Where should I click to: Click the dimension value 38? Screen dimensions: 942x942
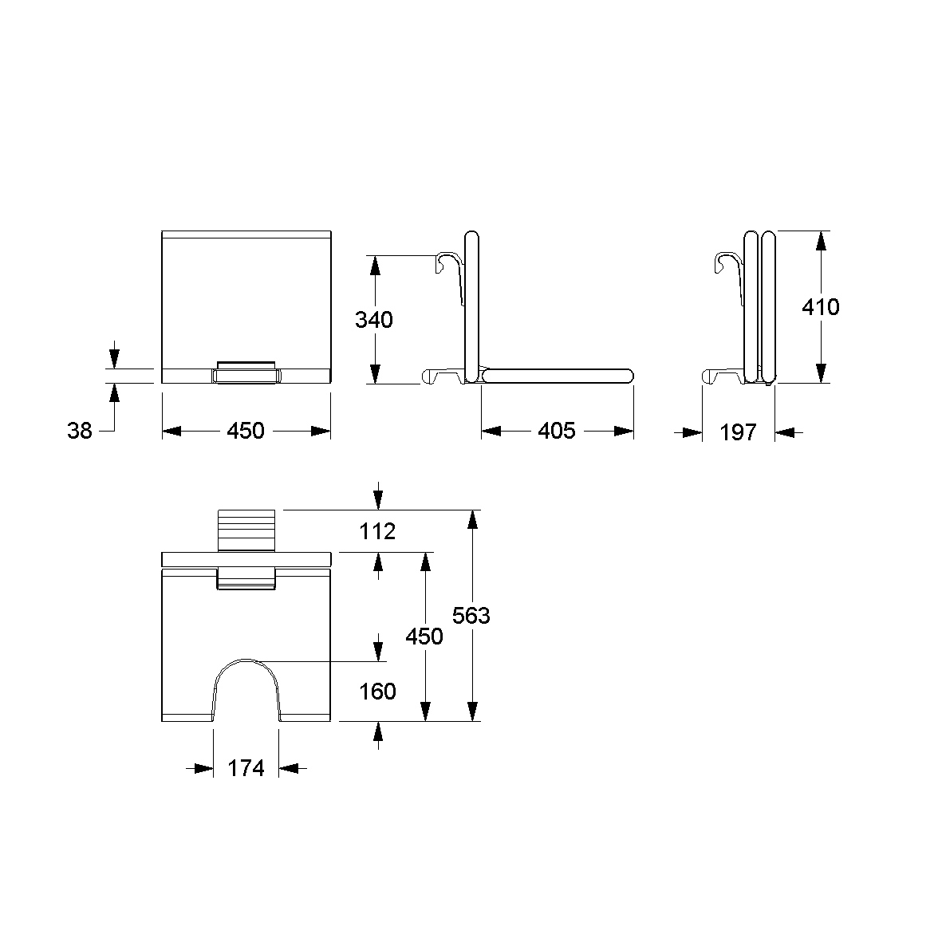[80, 430]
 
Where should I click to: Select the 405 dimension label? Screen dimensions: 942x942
[557, 430]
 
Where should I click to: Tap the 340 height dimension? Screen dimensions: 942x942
[373, 320]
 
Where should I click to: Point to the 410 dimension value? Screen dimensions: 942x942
[821, 307]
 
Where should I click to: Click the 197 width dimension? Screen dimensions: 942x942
[739, 432]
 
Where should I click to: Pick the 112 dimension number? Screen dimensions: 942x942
[377, 531]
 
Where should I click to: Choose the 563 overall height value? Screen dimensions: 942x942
[471, 615]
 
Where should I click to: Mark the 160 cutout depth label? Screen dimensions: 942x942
[377, 692]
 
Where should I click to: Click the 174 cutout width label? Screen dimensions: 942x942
[246, 768]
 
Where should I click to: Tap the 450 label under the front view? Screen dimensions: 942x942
[246, 430]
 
